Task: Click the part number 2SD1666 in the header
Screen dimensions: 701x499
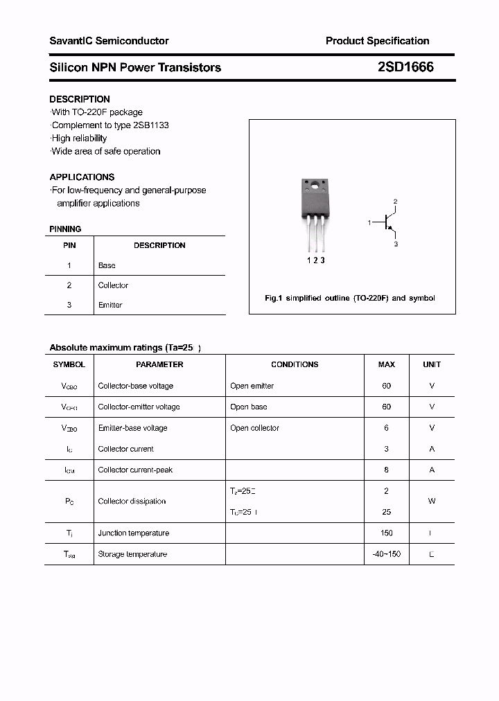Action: (x=405, y=67)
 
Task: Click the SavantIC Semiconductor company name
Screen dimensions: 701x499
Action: (x=109, y=41)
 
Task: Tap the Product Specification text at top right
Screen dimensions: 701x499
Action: (x=377, y=41)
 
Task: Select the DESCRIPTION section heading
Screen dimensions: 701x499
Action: (x=80, y=99)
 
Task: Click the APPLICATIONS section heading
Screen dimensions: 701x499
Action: (x=82, y=177)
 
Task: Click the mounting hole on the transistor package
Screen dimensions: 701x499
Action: (x=314, y=186)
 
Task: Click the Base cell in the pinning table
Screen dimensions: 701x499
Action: (x=107, y=265)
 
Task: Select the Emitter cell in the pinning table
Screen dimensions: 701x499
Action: (x=110, y=305)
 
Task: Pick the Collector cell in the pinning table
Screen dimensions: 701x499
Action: (x=113, y=285)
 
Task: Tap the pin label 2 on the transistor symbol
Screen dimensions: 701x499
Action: (x=395, y=202)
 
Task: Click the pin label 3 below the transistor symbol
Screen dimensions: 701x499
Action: (x=396, y=245)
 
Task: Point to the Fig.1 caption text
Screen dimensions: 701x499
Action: (x=350, y=298)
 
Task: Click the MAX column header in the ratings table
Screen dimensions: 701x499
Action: (x=386, y=364)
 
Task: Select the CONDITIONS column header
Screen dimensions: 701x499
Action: (x=295, y=364)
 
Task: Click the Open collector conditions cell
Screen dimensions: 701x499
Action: (x=254, y=428)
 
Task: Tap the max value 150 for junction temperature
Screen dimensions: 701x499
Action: (x=386, y=533)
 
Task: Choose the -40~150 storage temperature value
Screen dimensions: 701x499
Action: (x=386, y=554)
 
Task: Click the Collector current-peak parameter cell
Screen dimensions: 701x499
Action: (x=135, y=470)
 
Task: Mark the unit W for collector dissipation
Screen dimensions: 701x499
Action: (x=432, y=501)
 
